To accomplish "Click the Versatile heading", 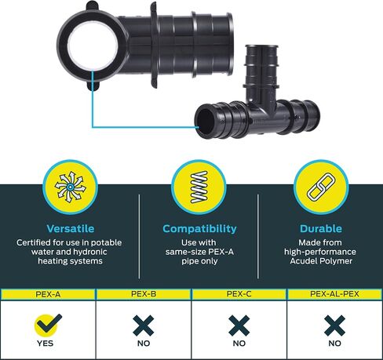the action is [x=71, y=228].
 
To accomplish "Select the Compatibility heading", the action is [x=199, y=229].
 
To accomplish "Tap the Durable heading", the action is [x=321, y=228].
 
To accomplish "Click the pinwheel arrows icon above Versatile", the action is [x=70, y=187].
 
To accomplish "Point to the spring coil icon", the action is [x=199, y=187].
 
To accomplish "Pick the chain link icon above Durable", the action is [x=321, y=187].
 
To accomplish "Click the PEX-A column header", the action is [x=48, y=294].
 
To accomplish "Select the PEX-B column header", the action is [x=144, y=294].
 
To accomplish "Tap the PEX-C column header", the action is [x=239, y=294].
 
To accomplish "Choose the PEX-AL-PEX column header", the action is [x=334, y=294].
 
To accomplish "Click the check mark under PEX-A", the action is [x=49, y=324].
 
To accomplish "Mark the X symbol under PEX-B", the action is [x=144, y=325].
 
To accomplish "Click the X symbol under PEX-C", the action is [x=239, y=325].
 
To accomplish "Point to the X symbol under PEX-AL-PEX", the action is [x=334, y=325].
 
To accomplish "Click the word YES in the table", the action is [x=45, y=344].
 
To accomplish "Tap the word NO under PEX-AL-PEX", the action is [x=334, y=344].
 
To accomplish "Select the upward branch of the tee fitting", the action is [x=261, y=72].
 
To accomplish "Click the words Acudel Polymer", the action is [x=321, y=261].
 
